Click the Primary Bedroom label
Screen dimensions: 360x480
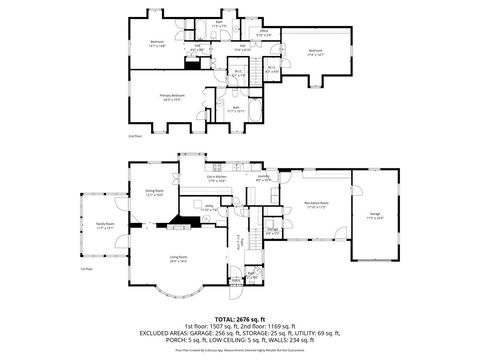point(173,97)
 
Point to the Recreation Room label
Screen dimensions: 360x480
point(317,204)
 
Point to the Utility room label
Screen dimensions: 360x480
point(241,241)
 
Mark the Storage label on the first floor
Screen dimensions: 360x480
point(272,231)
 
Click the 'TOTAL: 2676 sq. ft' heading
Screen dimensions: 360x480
point(239,318)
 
